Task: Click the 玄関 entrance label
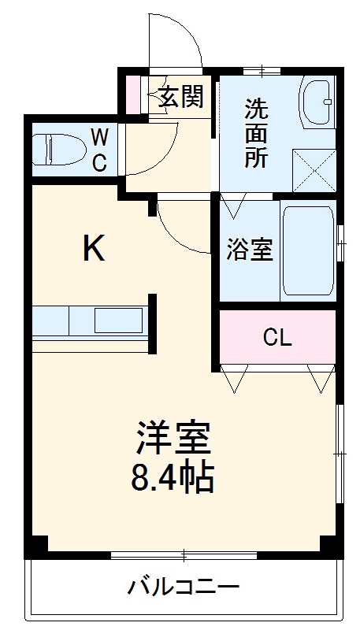point(182,97)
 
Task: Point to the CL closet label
point(277,338)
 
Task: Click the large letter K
point(95,249)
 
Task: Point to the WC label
point(100,151)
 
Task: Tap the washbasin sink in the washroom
point(317,103)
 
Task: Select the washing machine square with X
point(314,167)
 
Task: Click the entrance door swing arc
point(176,39)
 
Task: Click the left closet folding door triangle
point(234,378)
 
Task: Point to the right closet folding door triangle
point(321,378)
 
